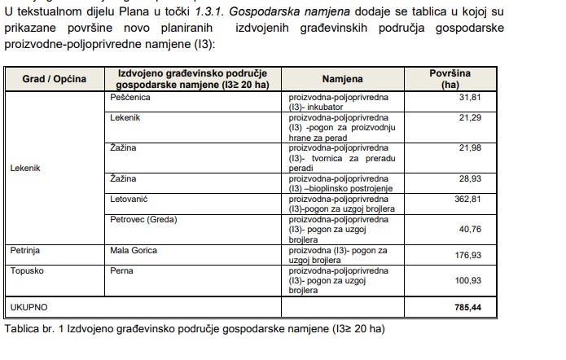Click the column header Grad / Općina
(53, 79)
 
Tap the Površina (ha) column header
(450, 79)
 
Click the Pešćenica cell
(129, 97)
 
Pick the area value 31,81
(471, 97)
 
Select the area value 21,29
(471, 118)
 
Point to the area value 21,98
(471, 147)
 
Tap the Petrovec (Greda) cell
(143, 219)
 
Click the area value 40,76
(471, 229)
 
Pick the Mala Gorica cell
(134, 250)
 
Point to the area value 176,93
(467, 255)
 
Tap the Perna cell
(121, 270)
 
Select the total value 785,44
(467, 309)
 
